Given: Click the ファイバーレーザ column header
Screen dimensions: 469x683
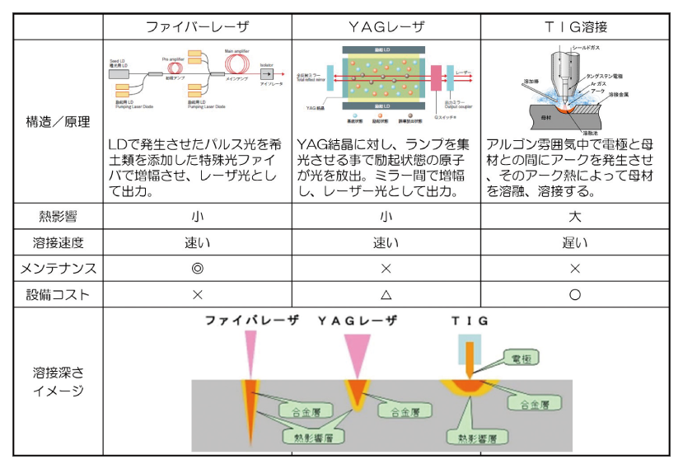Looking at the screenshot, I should [197, 26].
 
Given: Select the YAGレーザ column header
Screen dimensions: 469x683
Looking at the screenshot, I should [386, 26].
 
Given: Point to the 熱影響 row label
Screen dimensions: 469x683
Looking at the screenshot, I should [58, 217].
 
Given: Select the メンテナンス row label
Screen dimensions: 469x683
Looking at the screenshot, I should [58, 268].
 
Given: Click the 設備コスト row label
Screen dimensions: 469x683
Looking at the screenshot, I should [58, 294].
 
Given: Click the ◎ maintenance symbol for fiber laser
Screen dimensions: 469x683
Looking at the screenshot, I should [197, 268].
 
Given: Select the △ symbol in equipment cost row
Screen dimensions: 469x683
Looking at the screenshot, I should [386, 294].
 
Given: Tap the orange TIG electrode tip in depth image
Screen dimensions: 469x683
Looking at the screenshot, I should [469, 363].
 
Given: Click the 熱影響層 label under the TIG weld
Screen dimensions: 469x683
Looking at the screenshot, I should [472, 434].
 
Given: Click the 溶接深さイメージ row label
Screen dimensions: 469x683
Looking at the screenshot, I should [58, 381].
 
